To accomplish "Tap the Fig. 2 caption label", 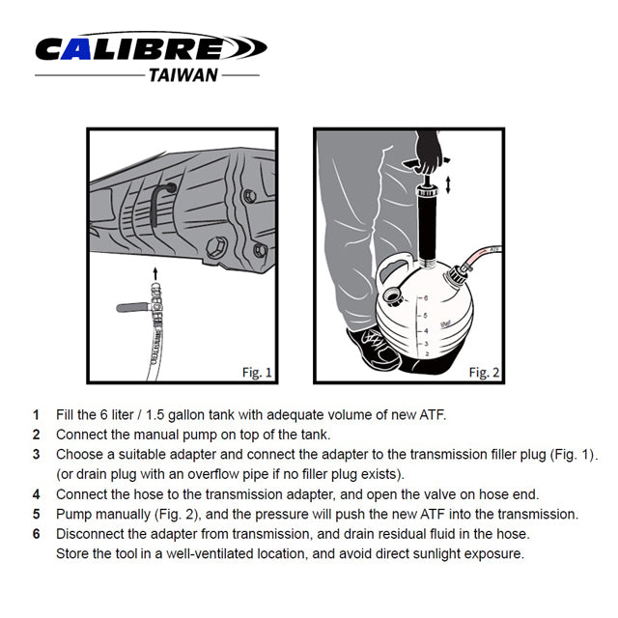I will pyautogui.click(x=483, y=371).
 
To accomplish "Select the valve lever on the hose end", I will pyautogui.click(x=129, y=307).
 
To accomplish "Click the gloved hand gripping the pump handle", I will pyautogui.click(x=426, y=154).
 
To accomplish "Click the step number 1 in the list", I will pyautogui.click(x=36, y=415).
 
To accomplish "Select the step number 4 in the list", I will pyautogui.click(x=36, y=494).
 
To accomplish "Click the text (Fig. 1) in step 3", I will pyautogui.click(x=581, y=454).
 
